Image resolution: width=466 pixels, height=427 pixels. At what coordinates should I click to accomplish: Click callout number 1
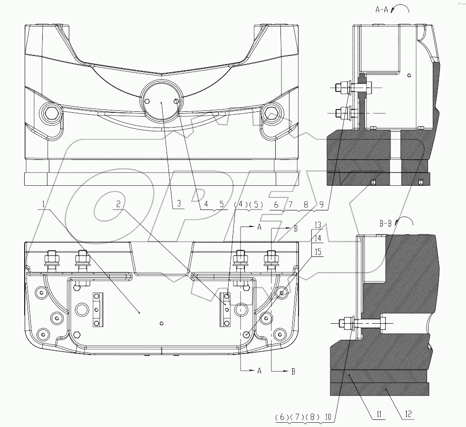click(44, 204)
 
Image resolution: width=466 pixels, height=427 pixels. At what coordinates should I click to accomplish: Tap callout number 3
click(178, 204)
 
